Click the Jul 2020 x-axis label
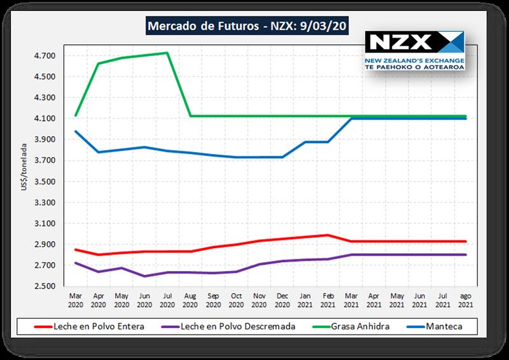click(167, 300)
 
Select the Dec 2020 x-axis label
click(282, 300)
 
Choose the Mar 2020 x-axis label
click(76, 300)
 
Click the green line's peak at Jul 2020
click(167, 53)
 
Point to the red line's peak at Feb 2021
click(328, 235)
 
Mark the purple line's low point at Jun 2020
click(144, 276)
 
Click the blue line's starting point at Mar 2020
click(76, 131)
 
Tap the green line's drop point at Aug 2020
click(190, 116)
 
